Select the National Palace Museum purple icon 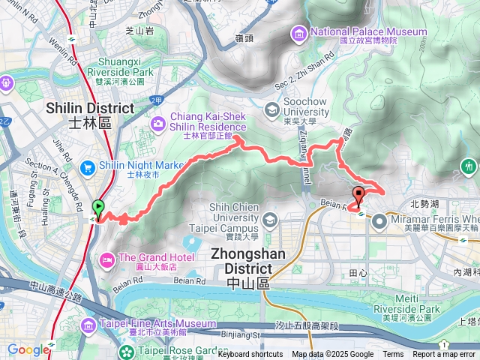pos(299,32)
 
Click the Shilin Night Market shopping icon pos(88,166)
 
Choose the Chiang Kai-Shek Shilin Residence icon pos(158,122)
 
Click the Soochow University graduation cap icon pos(268,110)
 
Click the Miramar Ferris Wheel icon pos(379,220)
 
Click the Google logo pos(28,349)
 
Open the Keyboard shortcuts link pos(250,355)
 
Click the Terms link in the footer pos(393,355)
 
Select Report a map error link pos(444,355)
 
